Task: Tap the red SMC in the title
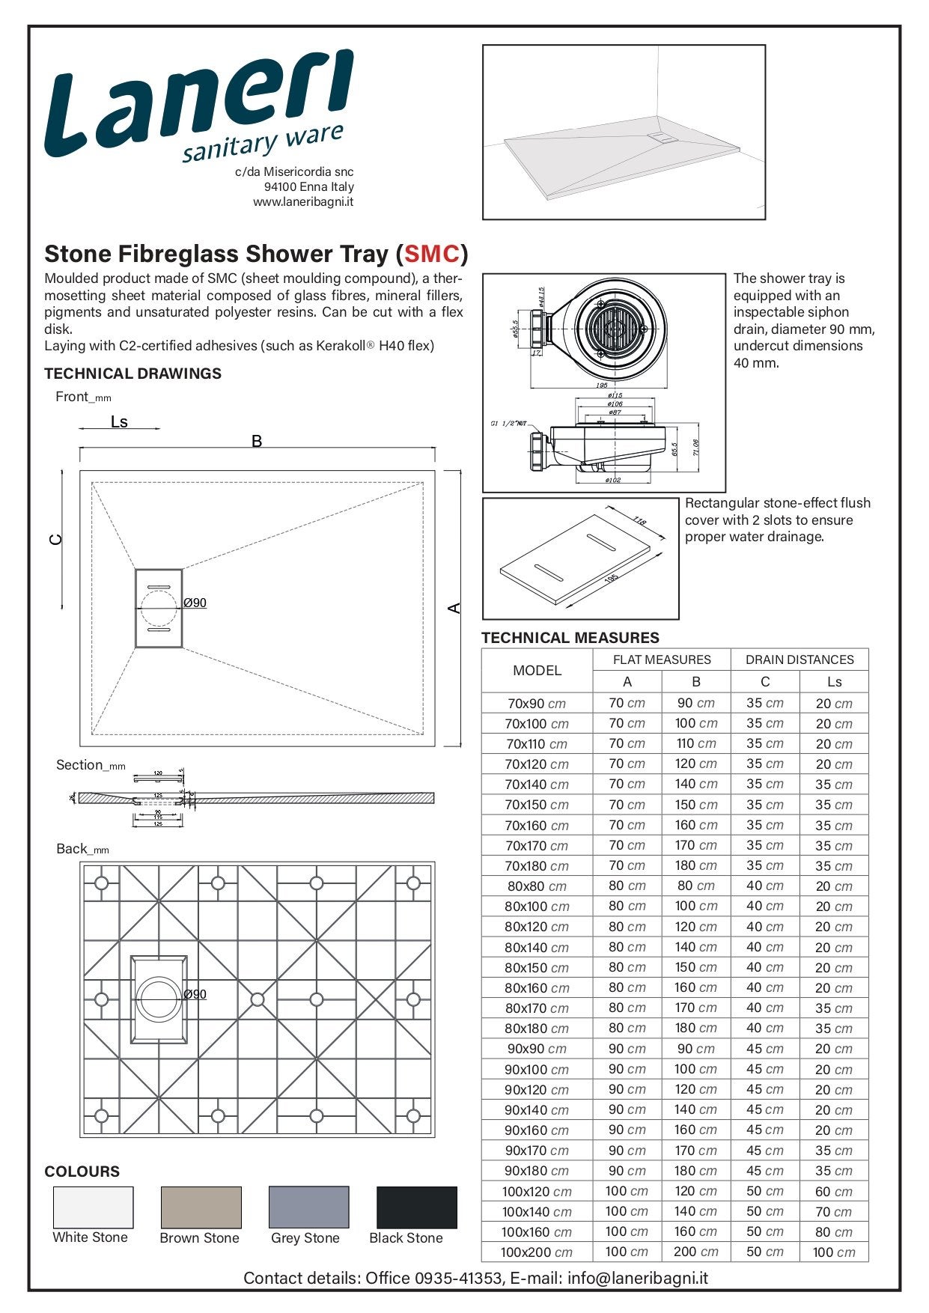coord(432,255)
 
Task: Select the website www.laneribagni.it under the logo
coord(303,202)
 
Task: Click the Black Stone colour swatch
coord(416,1207)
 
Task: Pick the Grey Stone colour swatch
coord(308,1207)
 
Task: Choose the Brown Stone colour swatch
coord(201,1207)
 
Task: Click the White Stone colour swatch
coord(93,1207)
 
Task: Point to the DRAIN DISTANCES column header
coord(799,659)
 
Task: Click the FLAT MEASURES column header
coord(662,659)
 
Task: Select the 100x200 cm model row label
coord(536,1252)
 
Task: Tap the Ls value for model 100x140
coord(833,1212)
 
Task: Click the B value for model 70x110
coord(695,743)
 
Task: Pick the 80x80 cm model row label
coord(536,886)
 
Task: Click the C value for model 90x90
coord(764,1049)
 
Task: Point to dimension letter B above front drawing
coord(257,441)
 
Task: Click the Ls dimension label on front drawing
coord(119,422)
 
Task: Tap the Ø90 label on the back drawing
coord(195,994)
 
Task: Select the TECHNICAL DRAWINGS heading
coord(133,374)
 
